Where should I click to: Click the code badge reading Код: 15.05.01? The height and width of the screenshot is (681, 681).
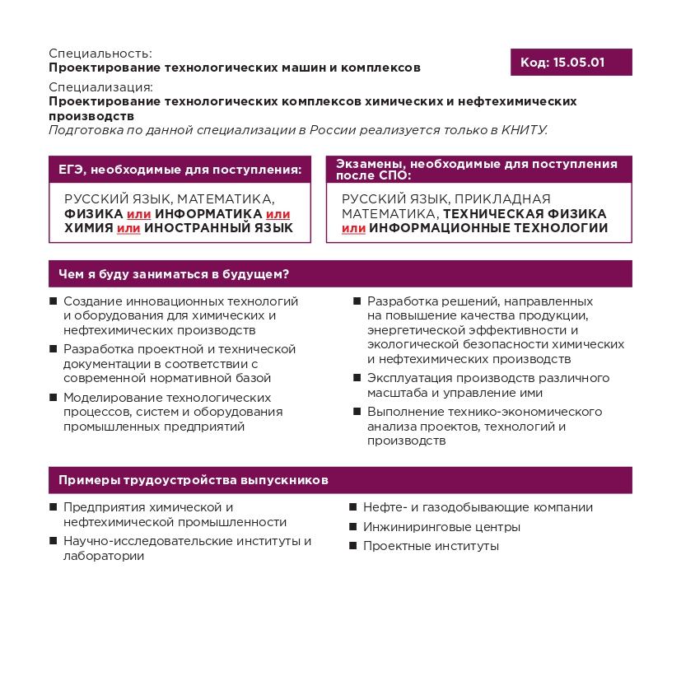(571, 63)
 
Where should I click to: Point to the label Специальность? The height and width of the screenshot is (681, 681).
(100, 54)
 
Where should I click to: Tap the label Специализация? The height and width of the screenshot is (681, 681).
(101, 87)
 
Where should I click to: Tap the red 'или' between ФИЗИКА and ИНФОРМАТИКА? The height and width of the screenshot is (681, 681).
(138, 214)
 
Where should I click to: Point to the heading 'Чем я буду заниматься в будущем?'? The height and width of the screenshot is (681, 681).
(173, 274)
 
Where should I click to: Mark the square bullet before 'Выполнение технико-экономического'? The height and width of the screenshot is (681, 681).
(357, 412)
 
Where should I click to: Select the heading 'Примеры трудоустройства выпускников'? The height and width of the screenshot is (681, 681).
(194, 480)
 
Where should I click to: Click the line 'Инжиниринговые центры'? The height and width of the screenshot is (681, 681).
(441, 527)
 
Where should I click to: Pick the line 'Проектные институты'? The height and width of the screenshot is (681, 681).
(431, 546)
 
